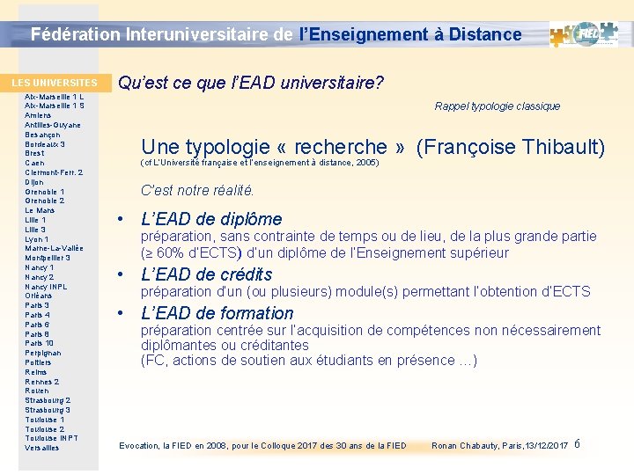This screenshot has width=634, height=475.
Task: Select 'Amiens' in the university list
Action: click(38, 115)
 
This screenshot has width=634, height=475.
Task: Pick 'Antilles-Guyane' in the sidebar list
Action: click(53, 125)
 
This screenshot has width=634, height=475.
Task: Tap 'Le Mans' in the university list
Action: click(41, 210)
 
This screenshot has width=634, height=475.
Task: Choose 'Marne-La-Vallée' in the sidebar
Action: click(54, 248)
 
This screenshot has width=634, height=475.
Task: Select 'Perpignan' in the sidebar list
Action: click(43, 353)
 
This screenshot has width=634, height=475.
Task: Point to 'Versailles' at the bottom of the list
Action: click(42, 448)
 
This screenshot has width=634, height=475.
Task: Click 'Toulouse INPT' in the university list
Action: click(51, 438)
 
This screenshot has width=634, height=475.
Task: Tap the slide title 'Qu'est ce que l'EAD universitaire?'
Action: click(250, 84)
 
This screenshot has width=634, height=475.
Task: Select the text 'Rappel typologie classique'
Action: click(497, 106)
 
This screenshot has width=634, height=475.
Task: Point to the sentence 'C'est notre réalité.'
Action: click(197, 190)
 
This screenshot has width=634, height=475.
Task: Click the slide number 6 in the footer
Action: click(577, 444)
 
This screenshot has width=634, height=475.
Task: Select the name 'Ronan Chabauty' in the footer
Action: click(464, 446)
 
